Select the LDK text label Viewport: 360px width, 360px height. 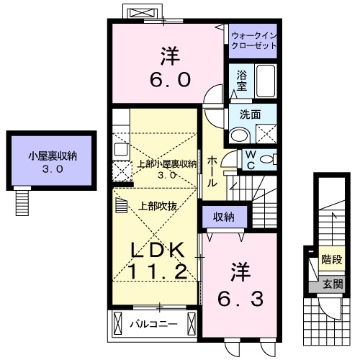159,249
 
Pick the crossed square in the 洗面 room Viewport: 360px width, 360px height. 266,132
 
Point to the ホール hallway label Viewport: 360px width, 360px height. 212,172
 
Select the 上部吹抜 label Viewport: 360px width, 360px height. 157,204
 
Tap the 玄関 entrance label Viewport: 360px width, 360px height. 331,283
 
